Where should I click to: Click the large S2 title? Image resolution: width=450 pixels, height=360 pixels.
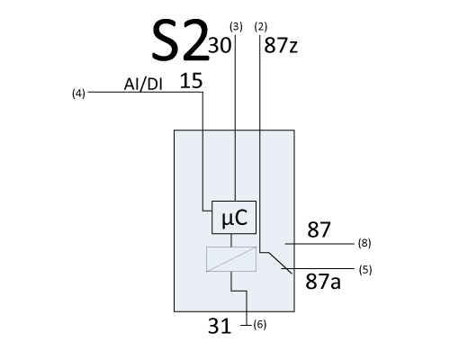(x=180, y=40)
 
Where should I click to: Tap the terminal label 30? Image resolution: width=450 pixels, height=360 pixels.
(x=220, y=45)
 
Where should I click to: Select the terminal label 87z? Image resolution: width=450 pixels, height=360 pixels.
(x=281, y=46)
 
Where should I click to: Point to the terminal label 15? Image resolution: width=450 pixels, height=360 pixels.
(x=191, y=81)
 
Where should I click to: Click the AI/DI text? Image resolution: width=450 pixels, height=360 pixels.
(x=143, y=85)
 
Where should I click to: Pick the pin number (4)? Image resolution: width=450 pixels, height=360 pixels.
(x=78, y=94)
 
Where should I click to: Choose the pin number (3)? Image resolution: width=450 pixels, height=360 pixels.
(x=236, y=27)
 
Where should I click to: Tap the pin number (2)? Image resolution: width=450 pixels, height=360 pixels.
(x=261, y=27)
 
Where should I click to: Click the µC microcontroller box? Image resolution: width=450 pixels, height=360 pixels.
(x=234, y=217)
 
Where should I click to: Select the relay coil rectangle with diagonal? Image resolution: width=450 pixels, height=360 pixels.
(x=231, y=259)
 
